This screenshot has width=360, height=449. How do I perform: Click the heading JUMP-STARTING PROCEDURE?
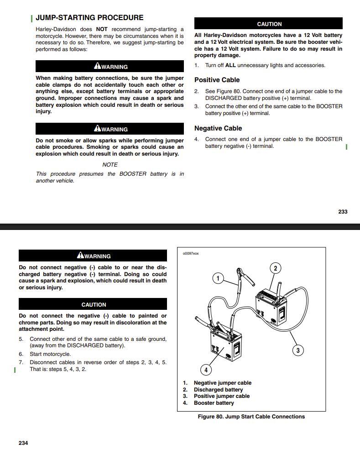tap(89, 18)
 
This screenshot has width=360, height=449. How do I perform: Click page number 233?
tap(343, 212)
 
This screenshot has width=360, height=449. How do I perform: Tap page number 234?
tap(23, 443)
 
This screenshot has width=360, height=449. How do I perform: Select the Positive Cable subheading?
tap(217, 80)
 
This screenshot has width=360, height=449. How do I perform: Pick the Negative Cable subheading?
tap(218, 128)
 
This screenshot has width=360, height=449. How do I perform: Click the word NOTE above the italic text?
tap(110, 165)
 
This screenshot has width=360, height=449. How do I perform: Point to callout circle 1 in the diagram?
tap(218, 278)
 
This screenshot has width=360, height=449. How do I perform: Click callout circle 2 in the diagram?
tap(275, 268)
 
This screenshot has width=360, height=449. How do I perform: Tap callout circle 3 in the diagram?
tap(297, 350)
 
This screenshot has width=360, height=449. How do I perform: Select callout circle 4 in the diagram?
tap(206, 370)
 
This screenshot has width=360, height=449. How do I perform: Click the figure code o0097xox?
tap(191, 254)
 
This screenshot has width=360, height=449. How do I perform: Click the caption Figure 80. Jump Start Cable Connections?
tap(251, 417)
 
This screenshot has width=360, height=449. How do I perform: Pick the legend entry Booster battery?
tap(214, 403)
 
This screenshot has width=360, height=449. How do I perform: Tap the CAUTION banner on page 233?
tap(269, 24)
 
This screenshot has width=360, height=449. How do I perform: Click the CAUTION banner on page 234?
tap(94, 304)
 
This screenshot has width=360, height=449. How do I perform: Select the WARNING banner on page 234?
tap(94, 256)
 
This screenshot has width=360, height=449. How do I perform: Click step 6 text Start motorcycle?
tap(50, 354)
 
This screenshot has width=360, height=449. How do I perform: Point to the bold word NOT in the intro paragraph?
tap(102, 29)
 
